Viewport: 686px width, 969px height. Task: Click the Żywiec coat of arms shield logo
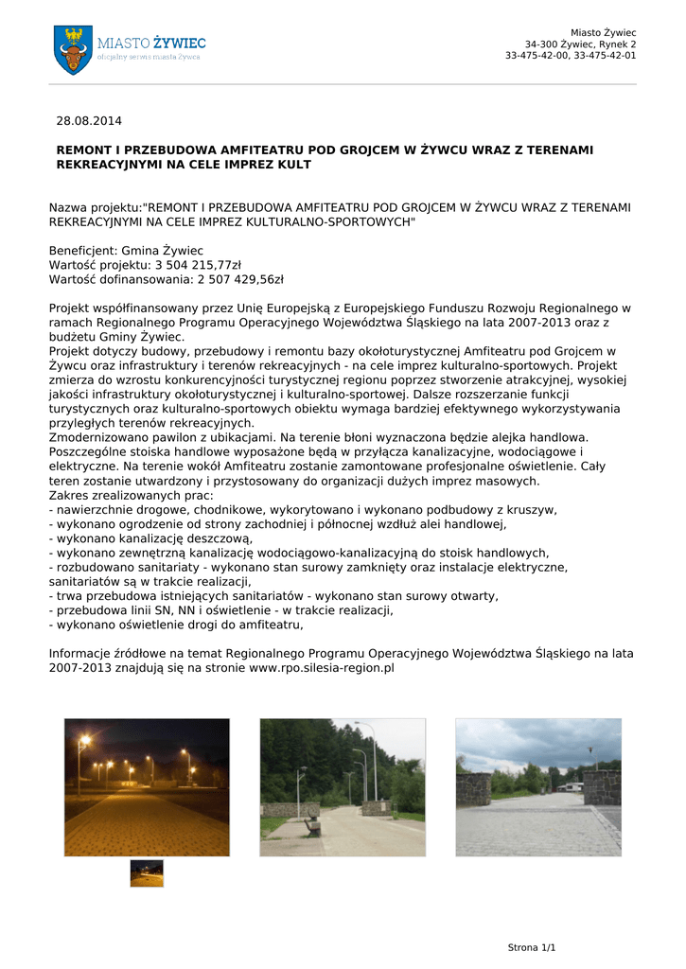(x=73, y=49)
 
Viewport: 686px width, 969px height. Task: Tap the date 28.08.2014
(x=89, y=121)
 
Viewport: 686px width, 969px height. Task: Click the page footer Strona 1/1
(x=532, y=947)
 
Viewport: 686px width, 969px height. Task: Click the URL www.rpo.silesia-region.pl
(x=321, y=667)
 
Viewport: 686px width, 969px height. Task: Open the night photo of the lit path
(x=147, y=786)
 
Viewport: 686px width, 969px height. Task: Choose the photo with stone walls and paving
(x=537, y=786)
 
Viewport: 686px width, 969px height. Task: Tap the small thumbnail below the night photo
(x=147, y=872)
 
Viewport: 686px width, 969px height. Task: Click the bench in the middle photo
(x=311, y=825)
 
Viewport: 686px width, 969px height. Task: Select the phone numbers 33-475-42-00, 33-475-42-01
(x=570, y=55)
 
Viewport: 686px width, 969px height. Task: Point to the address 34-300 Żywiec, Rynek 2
(x=580, y=44)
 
